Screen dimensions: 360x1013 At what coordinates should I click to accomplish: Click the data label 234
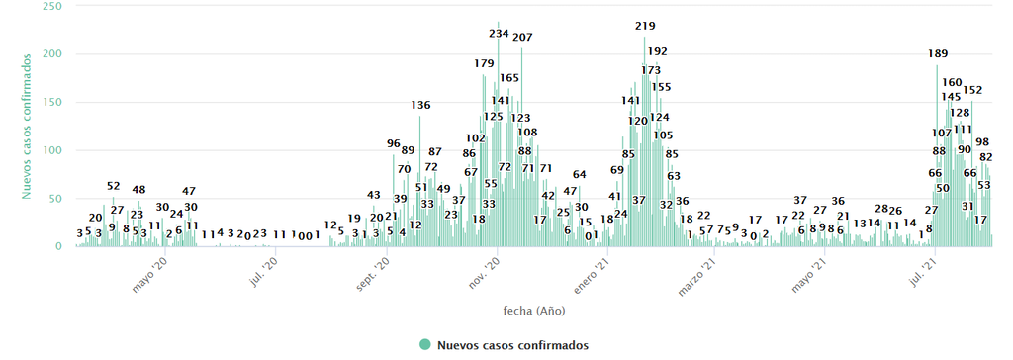499,34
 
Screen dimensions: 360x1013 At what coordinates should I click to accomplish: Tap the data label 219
646,26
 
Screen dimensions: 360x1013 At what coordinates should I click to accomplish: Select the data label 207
522,38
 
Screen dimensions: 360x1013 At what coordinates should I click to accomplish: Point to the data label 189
938,53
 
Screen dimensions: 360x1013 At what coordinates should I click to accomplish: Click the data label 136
420,105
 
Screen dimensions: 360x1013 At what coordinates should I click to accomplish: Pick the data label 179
484,63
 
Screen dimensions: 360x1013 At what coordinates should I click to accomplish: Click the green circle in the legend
425,345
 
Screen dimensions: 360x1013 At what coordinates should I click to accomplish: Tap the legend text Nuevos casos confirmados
512,345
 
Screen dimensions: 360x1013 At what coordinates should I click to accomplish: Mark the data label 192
657,51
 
